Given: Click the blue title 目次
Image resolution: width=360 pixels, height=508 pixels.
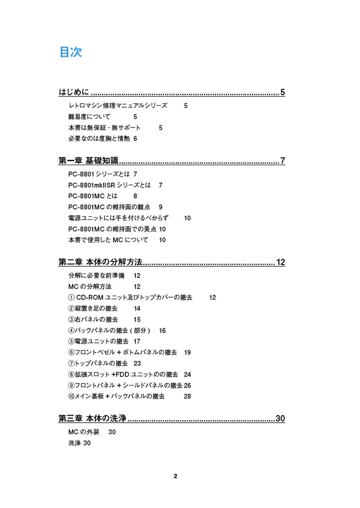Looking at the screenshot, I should [70, 52].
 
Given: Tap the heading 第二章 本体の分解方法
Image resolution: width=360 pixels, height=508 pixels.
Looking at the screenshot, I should [100, 262].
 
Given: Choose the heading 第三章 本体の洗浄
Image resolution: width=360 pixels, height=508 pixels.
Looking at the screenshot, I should [93, 419].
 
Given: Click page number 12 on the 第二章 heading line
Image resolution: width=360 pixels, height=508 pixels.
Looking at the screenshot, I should [280, 262].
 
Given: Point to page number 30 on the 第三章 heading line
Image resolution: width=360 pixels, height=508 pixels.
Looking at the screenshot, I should [280, 419].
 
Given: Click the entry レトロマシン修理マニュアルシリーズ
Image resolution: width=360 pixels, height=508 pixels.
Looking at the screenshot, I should [118, 106].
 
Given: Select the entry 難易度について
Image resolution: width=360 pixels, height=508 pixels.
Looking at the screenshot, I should [89, 117].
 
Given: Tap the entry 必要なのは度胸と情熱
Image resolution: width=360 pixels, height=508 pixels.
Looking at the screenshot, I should [99, 138].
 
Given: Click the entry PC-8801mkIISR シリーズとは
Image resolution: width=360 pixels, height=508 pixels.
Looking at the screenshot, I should [109, 185].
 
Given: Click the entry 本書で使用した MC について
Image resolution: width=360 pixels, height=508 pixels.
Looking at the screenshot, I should [108, 240].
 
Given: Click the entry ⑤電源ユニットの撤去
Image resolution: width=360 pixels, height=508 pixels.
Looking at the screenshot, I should [98, 341].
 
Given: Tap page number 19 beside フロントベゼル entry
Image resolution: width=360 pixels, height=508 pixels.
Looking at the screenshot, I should [187, 352].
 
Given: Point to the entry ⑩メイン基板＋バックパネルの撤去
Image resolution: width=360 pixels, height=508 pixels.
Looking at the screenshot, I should [117, 396].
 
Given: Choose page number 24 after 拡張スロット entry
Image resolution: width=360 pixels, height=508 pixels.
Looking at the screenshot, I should [187, 374].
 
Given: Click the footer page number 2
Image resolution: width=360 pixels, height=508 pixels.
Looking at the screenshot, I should [176, 476].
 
